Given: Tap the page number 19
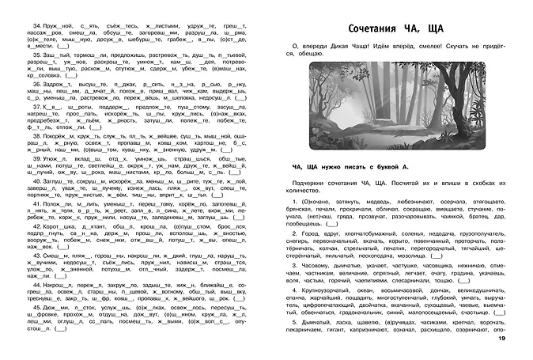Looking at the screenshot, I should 523,340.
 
